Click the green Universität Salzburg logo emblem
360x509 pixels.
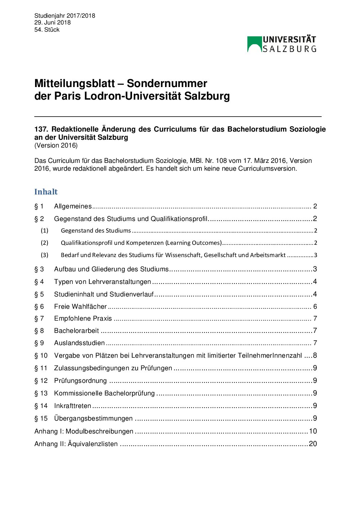pyautogui.click(x=255, y=44)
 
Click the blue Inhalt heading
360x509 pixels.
pyautogui.click(x=46, y=192)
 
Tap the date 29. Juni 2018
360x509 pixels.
pyautogui.click(x=52, y=22)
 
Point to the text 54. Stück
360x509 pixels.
pyautogui.click(x=47, y=30)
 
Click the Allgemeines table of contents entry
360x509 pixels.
pyautogui.click(x=73, y=206)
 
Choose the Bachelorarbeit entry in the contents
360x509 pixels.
pyautogui.click(x=77, y=331)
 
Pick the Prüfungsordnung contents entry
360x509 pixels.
pyautogui.click(x=80, y=381)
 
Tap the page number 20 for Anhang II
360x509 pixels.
pyautogui.click(x=313, y=444)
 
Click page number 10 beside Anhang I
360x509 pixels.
pyautogui.click(x=313, y=431)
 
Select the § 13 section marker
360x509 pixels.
pyautogui.click(x=41, y=393)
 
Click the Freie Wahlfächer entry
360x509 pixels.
pyautogui.click(x=80, y=307)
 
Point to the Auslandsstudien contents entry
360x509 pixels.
pyautogui.click(x=79, y=343)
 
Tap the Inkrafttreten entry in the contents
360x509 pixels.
pyautogui.click(x=72, y=406)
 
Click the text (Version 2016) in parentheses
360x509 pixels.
pyautogui.click(x=56, y=146)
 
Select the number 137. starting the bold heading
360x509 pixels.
pyautogui.click(x=41, y=130)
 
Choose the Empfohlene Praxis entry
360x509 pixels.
pyautogui.click(x=83, y=319)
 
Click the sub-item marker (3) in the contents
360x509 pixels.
pyautogui.click(x=45, y=255)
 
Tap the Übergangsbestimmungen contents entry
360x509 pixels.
pyautogui.click(x=93, y=419)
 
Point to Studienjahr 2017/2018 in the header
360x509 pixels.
pyautogui.click(x=65, y=16)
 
